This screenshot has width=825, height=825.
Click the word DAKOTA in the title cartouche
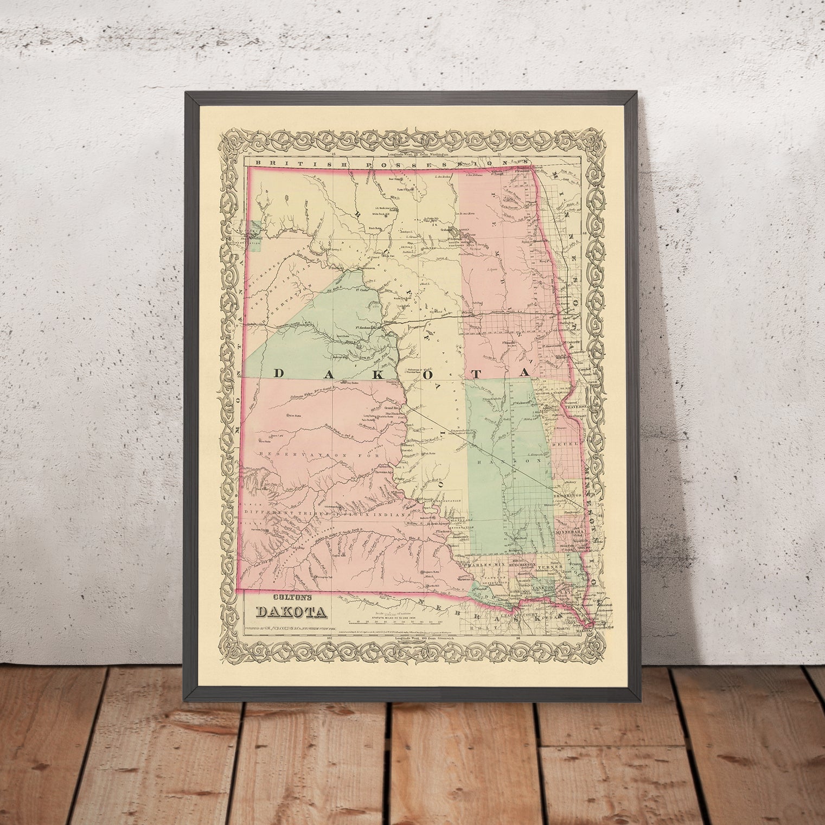click(x=292, y=611)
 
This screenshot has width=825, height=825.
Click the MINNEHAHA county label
click(x=568, y=534)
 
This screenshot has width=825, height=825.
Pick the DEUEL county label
click(x=563, y=444)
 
